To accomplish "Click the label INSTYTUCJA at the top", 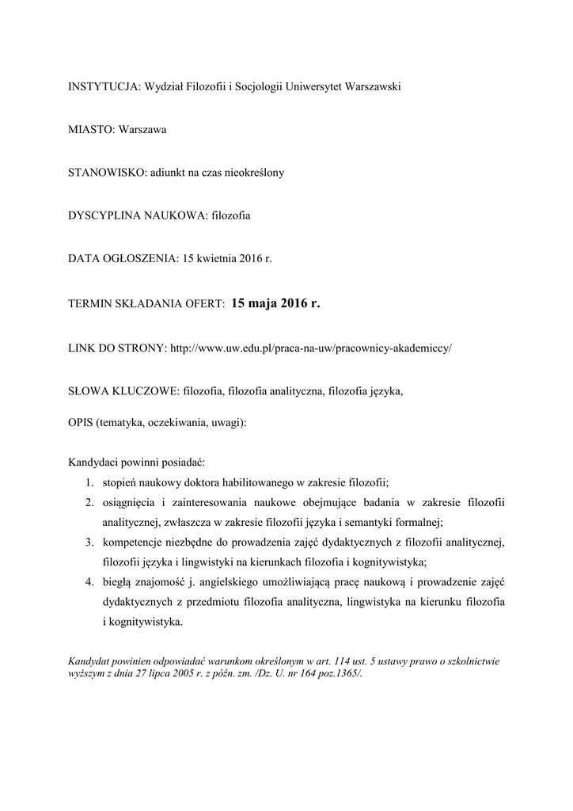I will click(x=101, y=86).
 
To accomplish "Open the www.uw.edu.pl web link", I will click(x=311, y=348).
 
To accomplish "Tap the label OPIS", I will click(x=80, y=423).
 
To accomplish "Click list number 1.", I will click(x=90, y=482).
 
